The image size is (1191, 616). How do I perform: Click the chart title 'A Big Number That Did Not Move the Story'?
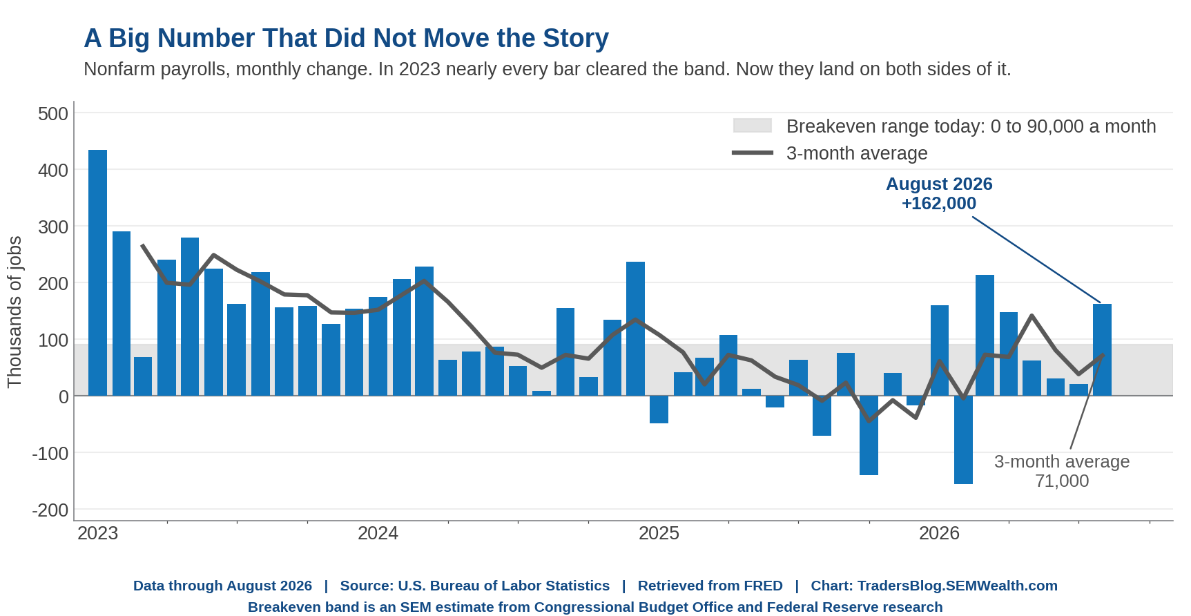[x=346, y=39]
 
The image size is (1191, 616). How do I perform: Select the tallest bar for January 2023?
[x=98, y=273]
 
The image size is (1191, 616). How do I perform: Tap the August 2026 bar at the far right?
[x=1102, y=350]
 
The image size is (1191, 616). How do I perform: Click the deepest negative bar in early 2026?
[x=963, y=440]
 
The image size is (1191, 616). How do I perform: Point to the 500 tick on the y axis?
[x=53, y=113]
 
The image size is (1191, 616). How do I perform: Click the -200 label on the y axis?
[x=50, y=510]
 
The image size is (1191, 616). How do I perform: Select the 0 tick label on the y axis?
[x=64, y=397]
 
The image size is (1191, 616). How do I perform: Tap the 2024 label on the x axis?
[x=378, y=533]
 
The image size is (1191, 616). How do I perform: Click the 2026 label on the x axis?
[x=939, y=533]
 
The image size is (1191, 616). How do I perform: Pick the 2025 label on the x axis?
[x=659, y=533]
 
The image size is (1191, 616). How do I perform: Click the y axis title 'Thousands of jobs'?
[x=14, y=312]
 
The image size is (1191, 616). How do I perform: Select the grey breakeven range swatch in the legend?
[x=752, y=126]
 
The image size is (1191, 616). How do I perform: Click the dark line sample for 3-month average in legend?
[x=753, y=153]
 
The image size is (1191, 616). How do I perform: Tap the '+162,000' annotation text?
[x=939, y=204]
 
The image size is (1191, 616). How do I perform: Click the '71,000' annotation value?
[x=1062, y=481]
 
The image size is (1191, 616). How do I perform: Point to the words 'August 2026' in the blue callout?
[x=939, y=184]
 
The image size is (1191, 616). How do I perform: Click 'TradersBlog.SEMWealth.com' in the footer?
[x=958, y=586]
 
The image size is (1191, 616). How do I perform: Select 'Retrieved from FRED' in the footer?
[x=710, y=586]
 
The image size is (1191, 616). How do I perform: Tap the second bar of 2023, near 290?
[x=122, y=314]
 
